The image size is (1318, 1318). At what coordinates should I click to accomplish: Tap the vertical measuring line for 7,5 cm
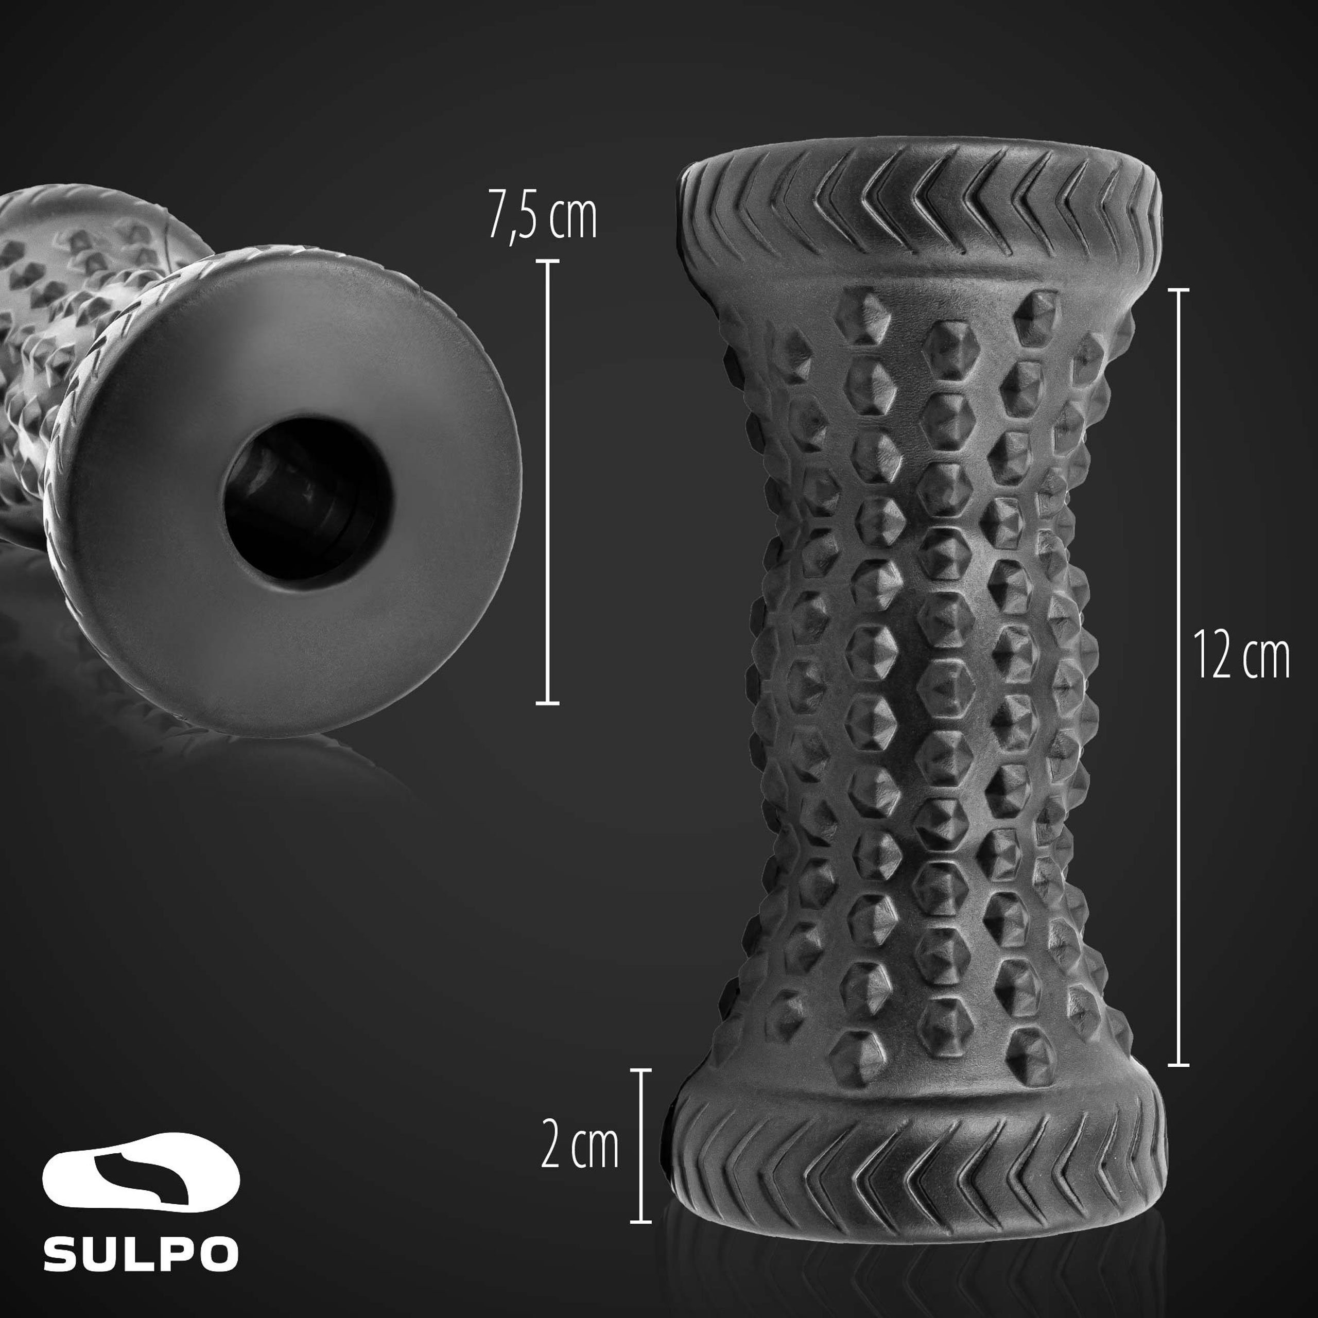point(547,481)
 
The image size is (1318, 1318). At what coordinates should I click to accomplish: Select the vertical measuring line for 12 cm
point(1178,677)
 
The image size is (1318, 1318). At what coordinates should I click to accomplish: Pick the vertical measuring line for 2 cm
point(640,1146)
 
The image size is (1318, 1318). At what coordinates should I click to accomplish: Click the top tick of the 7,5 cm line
point(547,261)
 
